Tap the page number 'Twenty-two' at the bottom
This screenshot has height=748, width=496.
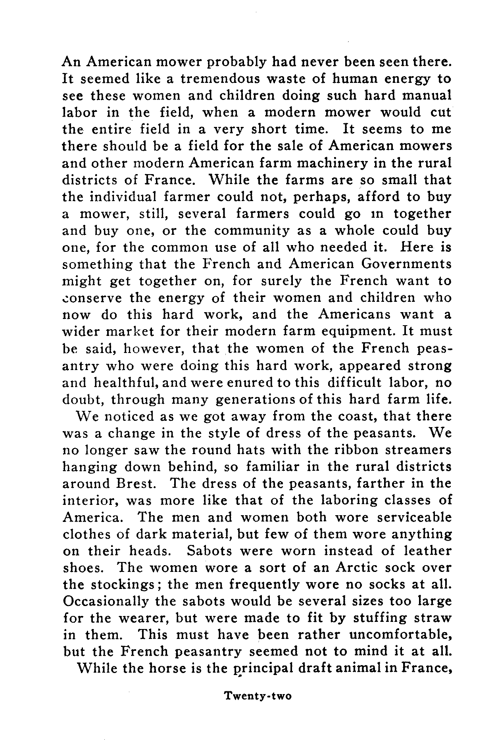(x=258, y=696)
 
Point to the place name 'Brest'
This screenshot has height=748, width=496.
(x=135, y=483)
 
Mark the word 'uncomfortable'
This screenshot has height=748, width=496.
(x=400, y=635)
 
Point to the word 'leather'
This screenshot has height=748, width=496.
(x=427, y=551)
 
